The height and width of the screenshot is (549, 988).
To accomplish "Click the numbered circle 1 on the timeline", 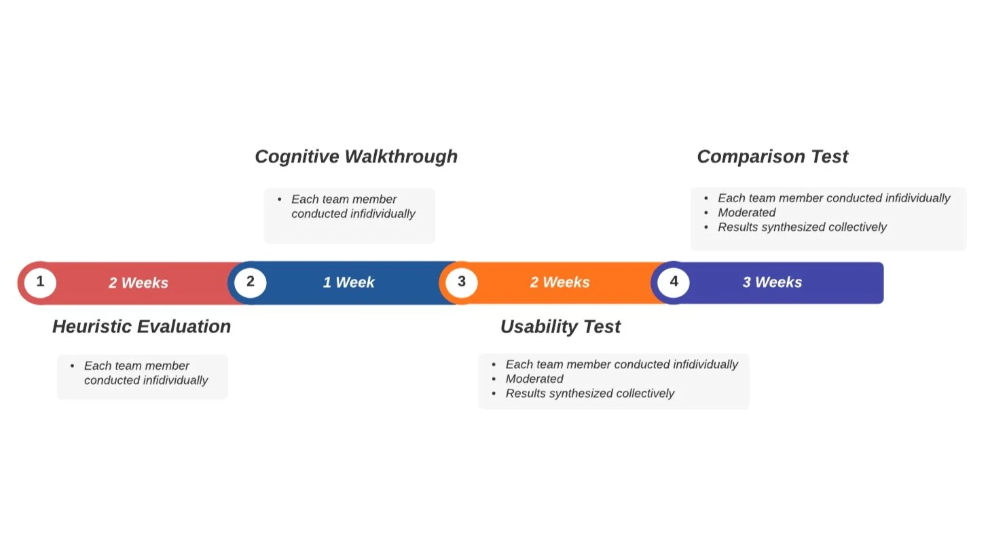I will [40, 282].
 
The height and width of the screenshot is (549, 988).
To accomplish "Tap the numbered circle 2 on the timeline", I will [251, 282].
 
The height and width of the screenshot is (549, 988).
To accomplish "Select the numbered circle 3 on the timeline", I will [462, 282].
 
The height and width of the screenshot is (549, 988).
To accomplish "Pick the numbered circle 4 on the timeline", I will [674, 282].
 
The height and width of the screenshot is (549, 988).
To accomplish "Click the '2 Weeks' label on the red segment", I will [139, 283].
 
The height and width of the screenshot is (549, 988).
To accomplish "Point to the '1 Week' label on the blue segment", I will [348, 282].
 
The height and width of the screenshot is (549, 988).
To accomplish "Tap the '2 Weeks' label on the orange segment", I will [560, 282].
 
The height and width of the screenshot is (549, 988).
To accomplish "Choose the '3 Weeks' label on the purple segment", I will [772, 282].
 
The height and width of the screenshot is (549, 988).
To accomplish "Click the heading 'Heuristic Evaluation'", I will [141, 326].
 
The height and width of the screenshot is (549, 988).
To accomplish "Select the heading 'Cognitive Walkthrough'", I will [356, 157].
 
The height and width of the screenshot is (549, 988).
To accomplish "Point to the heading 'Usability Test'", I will [560, 327].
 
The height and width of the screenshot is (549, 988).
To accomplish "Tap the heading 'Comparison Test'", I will [772, 157].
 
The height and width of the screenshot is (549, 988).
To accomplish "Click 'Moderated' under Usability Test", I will [534, 379].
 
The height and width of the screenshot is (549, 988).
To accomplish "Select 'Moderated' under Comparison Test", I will [747, 212].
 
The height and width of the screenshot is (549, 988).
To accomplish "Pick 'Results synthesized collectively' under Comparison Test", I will [802, 227].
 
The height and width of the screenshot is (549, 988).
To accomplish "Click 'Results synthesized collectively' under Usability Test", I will [589, 394].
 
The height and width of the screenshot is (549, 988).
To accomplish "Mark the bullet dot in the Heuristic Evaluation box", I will [73, 366].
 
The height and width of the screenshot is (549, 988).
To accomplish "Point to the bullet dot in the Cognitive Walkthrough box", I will [280, 200].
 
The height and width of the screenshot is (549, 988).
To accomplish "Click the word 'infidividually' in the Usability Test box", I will [705, 364].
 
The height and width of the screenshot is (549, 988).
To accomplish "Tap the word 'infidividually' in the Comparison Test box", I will [917, 198].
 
